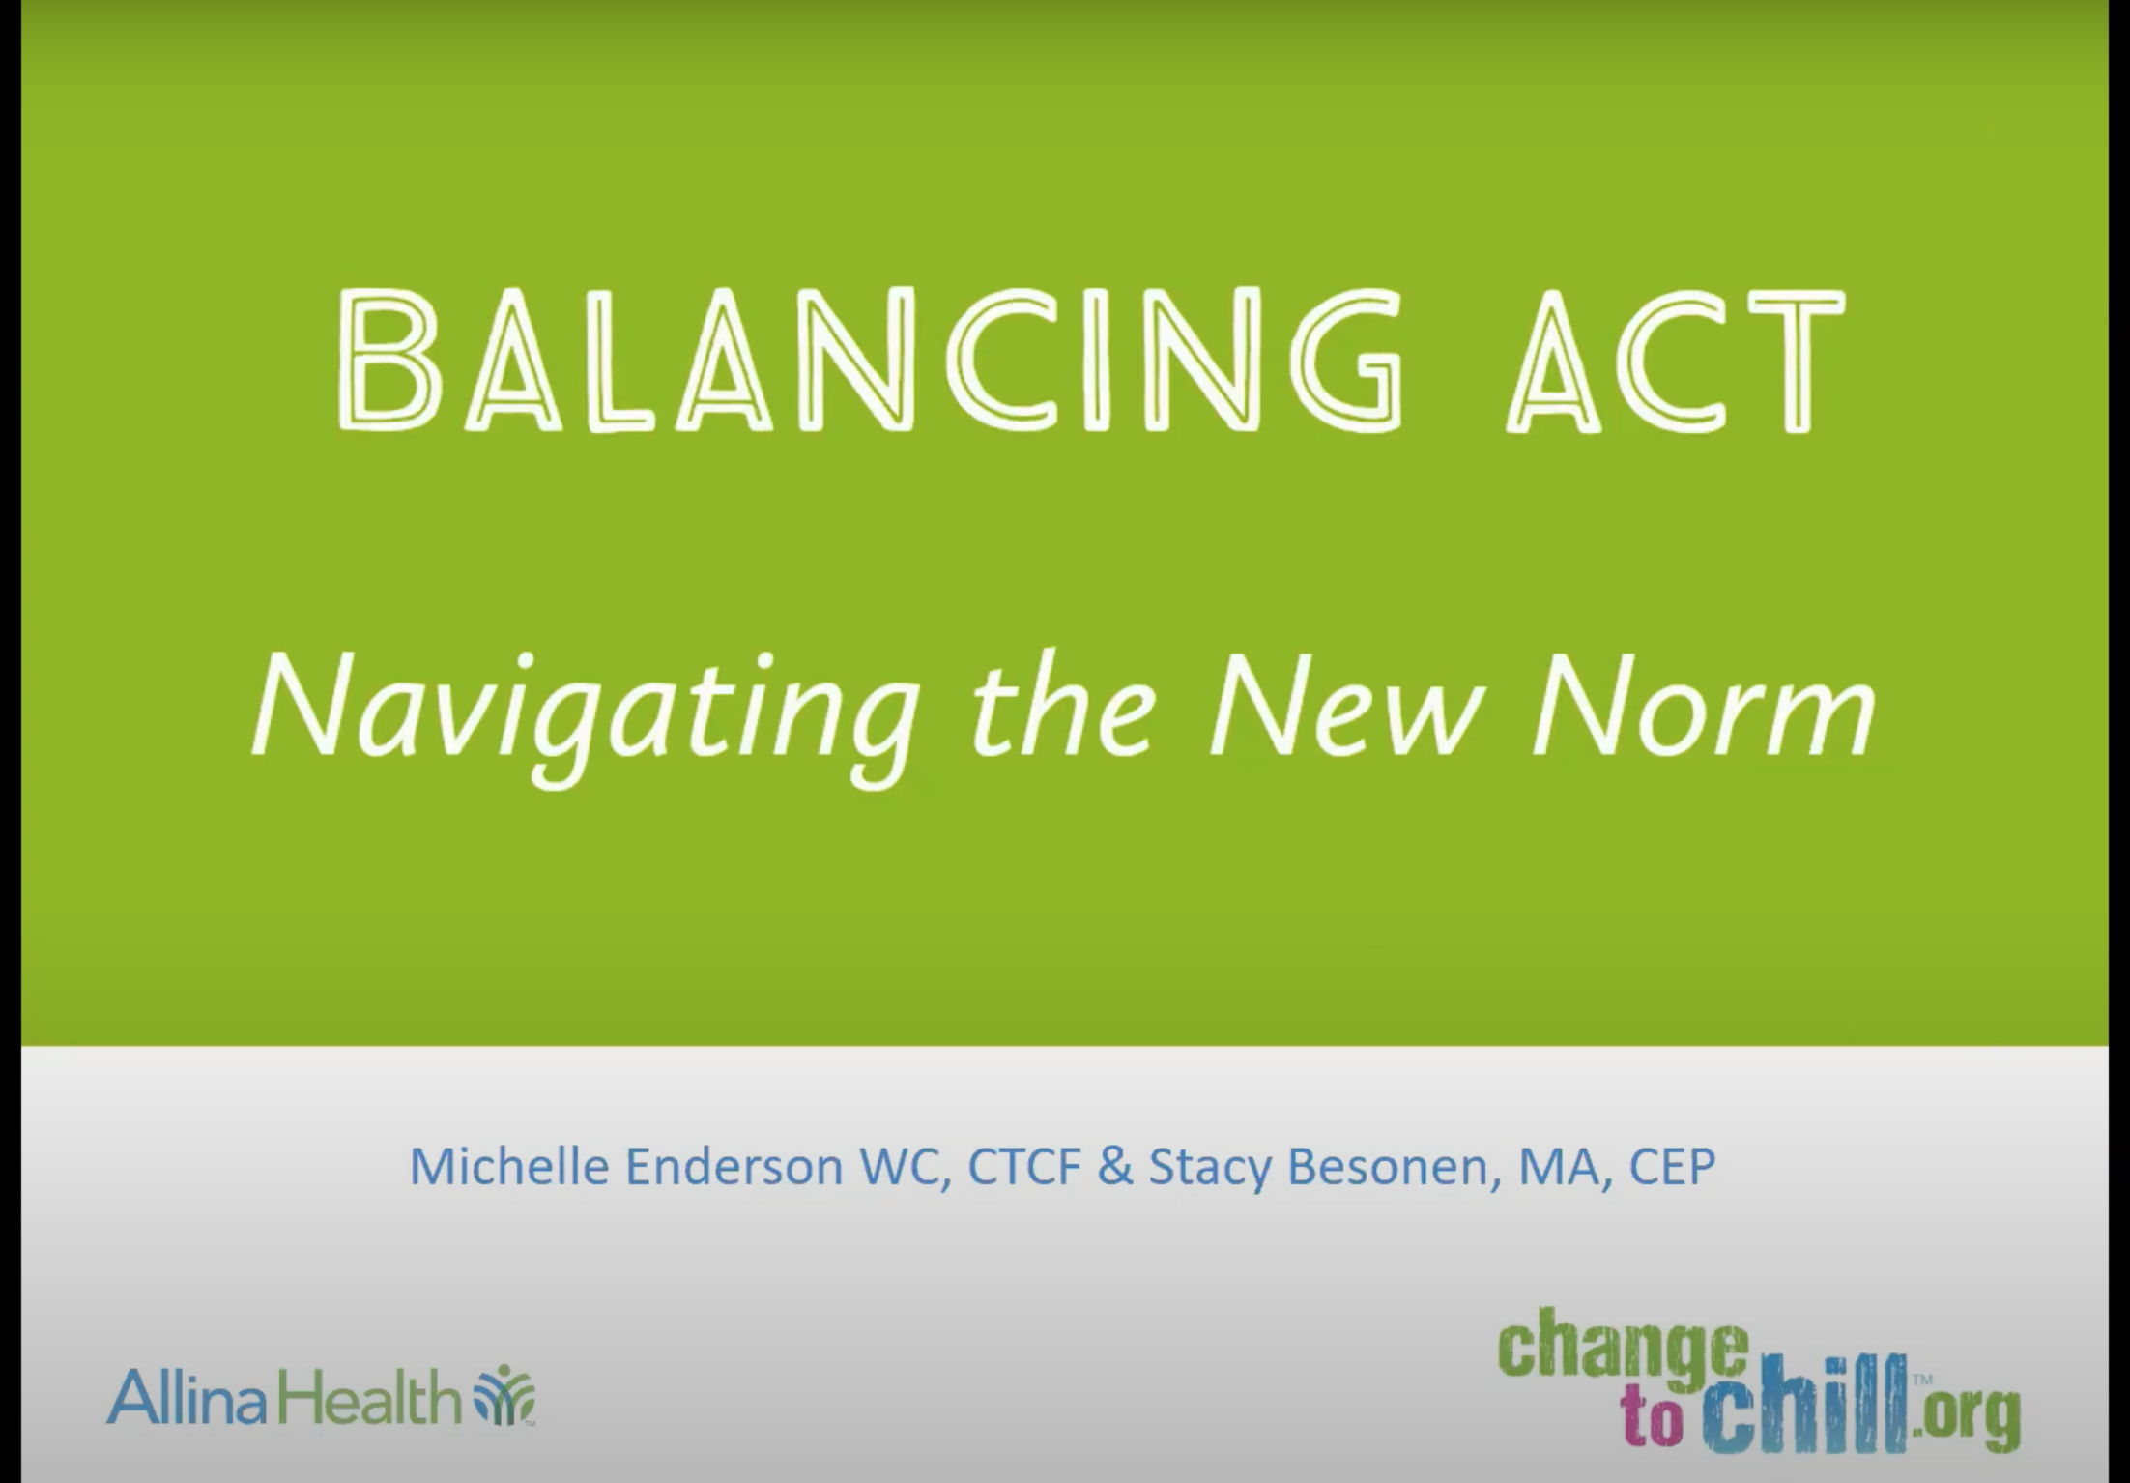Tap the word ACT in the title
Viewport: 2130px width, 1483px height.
point(1675,360)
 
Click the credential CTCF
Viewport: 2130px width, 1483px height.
point(1023,1166)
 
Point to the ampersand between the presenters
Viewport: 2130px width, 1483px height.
point(1114,1166)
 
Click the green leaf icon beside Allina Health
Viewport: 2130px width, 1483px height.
point(504,1395)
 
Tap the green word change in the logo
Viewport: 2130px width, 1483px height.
point(1624,1344)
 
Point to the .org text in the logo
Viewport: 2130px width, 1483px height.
point(1968,1412)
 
